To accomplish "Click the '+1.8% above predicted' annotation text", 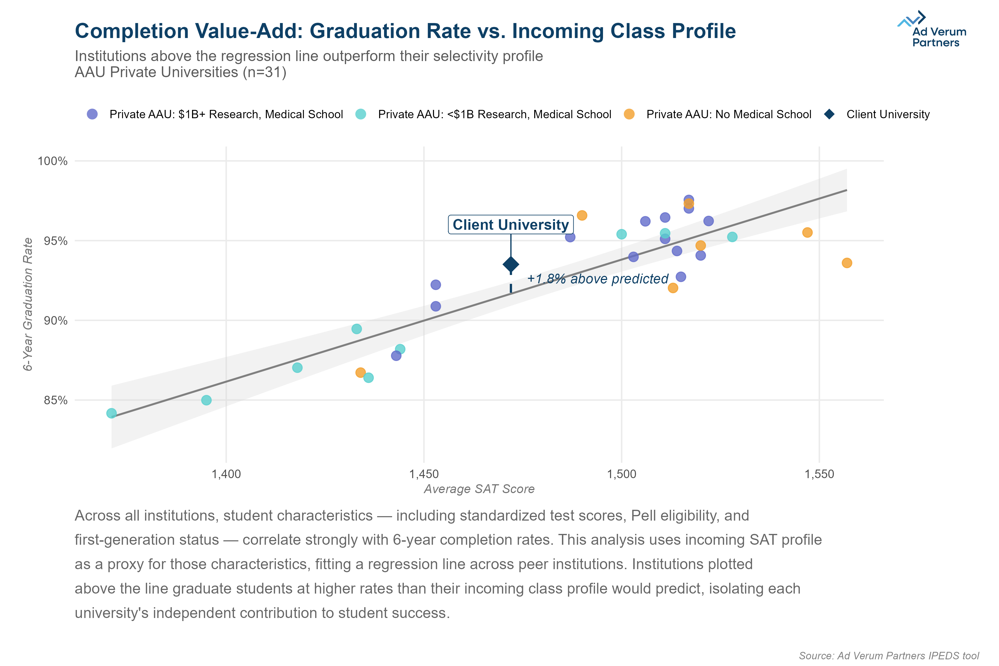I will tap(598, 279).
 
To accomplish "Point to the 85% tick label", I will tap(55, 400).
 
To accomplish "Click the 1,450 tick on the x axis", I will tap(424, 474).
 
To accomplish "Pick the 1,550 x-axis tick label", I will tap(819, 474).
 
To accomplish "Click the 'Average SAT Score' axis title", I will tap(479, 489).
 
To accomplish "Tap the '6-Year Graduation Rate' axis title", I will tap(28, 304).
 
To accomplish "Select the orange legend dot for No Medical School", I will tap(629, 114).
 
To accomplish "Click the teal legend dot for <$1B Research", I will tap(360, 114).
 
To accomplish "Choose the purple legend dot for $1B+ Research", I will tap(92, 114).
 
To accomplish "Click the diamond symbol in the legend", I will tap(829, 114).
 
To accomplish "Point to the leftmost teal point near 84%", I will tap(111, 413).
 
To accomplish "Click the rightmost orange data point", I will tap(847, 263).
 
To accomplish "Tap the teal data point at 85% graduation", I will tap(206, 400).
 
